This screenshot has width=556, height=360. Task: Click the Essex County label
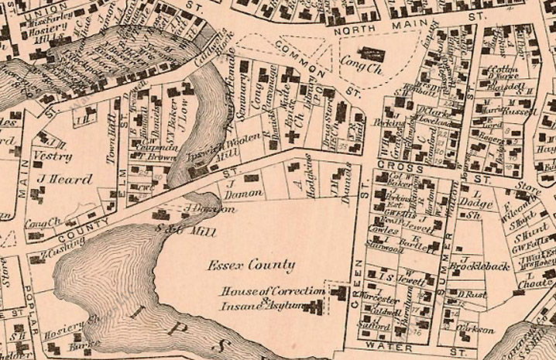[251, 266]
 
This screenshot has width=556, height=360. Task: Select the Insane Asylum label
[261, 305]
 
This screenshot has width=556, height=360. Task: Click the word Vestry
[53, 156]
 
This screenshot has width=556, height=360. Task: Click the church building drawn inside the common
[376, 55]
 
